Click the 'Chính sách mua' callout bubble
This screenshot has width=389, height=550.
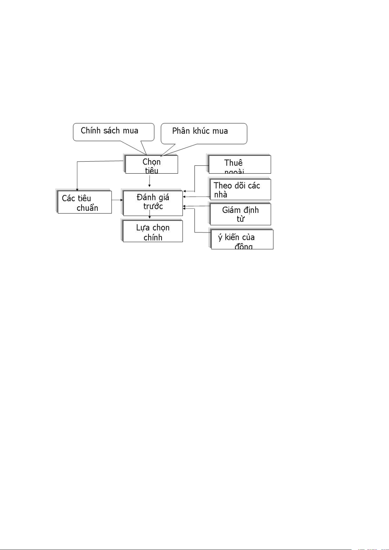[113, 132]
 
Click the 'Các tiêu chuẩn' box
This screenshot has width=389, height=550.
[85, 202]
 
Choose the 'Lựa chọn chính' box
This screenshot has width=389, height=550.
[153, 231]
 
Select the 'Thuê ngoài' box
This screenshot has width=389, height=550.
[240, 165]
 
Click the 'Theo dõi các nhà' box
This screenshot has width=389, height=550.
[240, 190]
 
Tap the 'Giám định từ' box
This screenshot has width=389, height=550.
[240, 214]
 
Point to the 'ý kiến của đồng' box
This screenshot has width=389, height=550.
[242, 240]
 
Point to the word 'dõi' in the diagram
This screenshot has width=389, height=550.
[240, 185]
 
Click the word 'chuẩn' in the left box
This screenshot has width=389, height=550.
[87, 208]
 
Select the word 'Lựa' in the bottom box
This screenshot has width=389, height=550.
[143, 228]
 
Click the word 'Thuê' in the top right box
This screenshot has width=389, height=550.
[233, 163]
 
